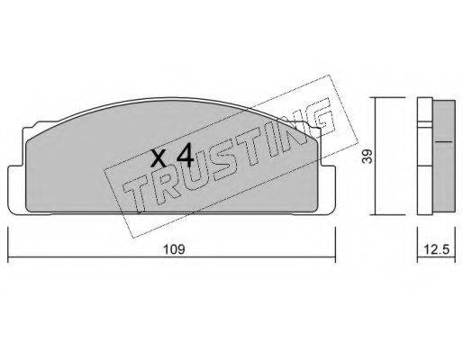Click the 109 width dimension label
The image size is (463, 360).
[174, 249]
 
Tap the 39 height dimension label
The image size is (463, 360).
[367, 157]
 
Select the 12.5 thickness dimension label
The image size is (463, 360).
[437, 249]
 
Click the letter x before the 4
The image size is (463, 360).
[159, 158]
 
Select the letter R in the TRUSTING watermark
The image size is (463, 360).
[164, 185]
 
